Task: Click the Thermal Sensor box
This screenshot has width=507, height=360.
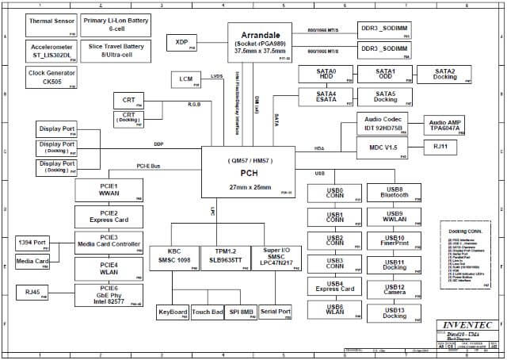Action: point(51,24)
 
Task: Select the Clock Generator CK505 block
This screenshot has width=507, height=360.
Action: point(51,77)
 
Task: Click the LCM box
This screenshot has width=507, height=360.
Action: point(185,79)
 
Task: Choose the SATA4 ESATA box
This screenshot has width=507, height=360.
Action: point(322,97)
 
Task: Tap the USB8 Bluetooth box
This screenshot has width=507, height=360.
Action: point(394,193)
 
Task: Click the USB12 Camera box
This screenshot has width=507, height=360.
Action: point(394,289)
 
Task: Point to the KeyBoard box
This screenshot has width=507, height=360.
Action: point(173,312)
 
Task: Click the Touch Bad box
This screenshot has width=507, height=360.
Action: point(208,312)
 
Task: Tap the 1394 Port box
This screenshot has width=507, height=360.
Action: point(32,243)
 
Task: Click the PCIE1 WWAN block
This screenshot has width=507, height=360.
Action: point(109,190)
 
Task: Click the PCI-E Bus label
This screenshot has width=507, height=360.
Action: point(148,167)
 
